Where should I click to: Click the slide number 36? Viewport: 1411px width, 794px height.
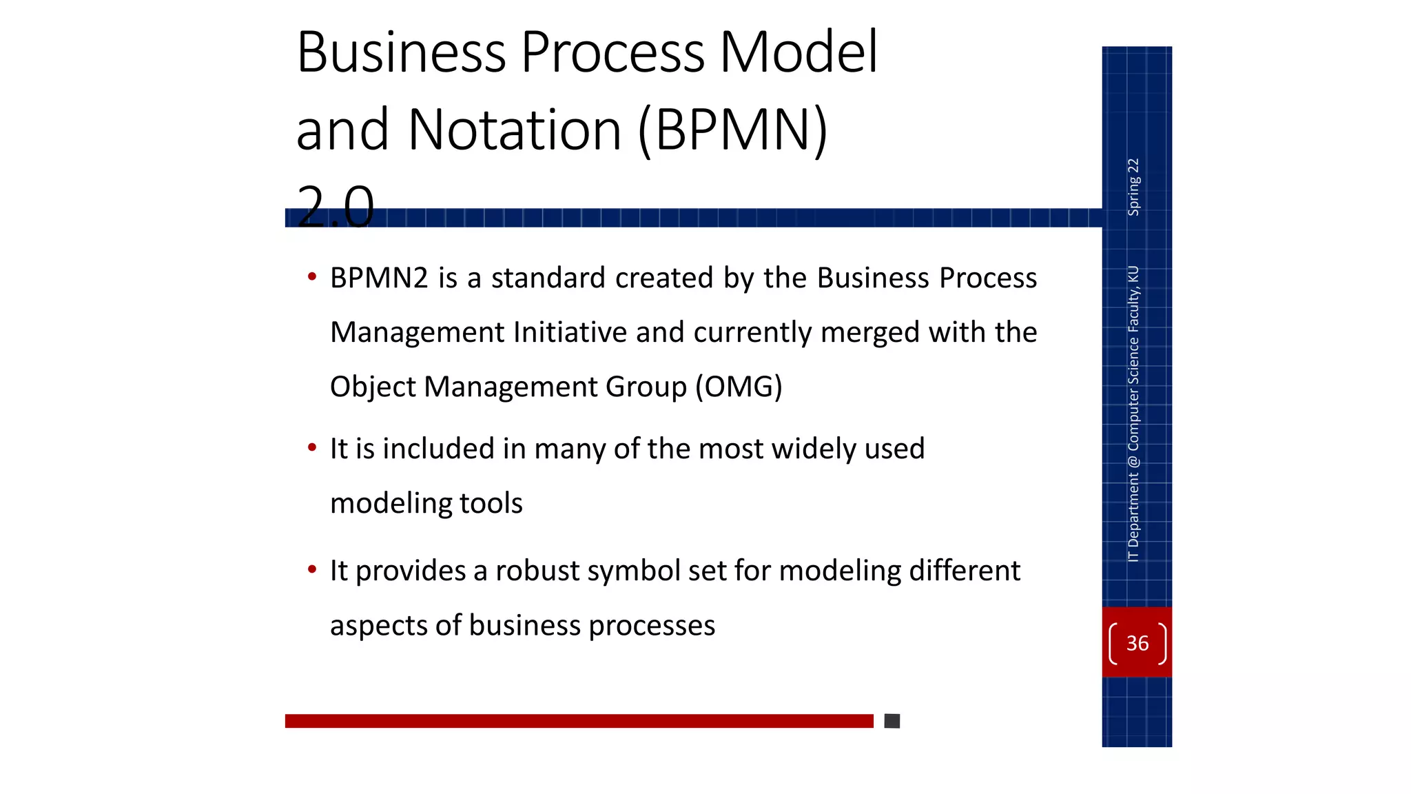(x=1137, y=643)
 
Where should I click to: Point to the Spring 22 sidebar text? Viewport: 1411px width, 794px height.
(x=1133, y=187)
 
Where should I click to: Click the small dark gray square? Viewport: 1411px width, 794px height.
(x=892, y=721)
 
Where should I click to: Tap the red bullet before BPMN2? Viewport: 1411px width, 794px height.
(x=312, y=277)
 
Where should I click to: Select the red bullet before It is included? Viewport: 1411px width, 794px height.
(x=312, y=448)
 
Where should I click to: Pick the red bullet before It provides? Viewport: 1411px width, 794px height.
(x=312, y=570)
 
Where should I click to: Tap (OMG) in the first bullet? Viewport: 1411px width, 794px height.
(x=739, y=387)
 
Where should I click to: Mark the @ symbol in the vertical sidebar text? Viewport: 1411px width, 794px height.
(x=1133, y=461)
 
